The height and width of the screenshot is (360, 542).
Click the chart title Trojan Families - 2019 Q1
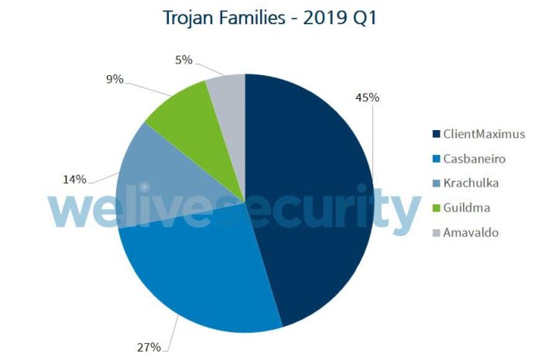coord(269,18)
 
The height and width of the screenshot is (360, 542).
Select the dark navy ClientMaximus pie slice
coord(310,194)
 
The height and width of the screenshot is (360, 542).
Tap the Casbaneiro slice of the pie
coord(201,271)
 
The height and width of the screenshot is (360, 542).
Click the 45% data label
coord(367,98)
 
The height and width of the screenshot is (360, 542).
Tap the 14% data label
coord(74,180)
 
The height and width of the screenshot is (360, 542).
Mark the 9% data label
coord(113,79)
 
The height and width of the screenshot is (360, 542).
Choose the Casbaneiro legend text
coord(474,158)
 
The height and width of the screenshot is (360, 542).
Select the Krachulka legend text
coord(471,183)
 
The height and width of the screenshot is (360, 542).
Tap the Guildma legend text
coord(467,207)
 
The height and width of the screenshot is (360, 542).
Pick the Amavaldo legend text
coord(471,232)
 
